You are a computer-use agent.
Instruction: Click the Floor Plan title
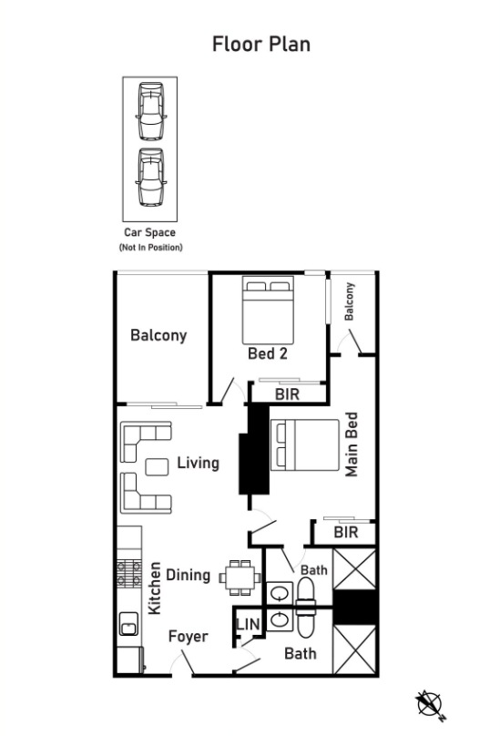coord(261,44)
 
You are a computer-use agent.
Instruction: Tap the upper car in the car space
coord(150,111)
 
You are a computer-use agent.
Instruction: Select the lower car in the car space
coord(150,178)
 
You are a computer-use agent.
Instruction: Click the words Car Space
coord(149,232)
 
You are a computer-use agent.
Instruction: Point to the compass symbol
coord(430,705)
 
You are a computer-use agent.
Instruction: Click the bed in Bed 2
coord(268,310)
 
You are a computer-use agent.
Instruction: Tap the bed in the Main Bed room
coord(305,445)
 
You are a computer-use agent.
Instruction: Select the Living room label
coord(199,464)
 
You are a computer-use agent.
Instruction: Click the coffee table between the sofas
coord(157,466)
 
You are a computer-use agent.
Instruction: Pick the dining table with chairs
coord(240,578)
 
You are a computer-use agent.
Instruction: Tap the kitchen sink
coord(128,624)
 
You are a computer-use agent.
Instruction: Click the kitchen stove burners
coord(129,574)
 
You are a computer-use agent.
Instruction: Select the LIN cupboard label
coord(248,624)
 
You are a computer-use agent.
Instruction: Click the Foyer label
coord(189,637)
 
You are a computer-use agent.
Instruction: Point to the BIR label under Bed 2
coord(287,394)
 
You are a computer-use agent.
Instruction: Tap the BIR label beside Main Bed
coord(346,532)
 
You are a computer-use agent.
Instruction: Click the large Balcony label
coord(158,335)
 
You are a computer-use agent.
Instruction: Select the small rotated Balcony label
coord(349,302)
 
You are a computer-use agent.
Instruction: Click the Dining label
coord(189,575)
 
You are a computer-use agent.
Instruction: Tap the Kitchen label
coord(155,588)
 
